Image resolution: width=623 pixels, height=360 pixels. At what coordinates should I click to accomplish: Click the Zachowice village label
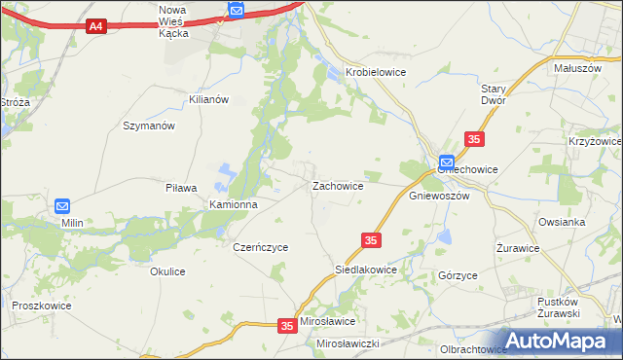tap(338, 185)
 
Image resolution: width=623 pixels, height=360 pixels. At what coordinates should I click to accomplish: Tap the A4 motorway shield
tap(95, 26)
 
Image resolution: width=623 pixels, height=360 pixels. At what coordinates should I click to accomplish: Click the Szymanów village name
tap(148, 126)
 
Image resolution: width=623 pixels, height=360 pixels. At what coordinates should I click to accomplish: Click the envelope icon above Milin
tap(63, 206)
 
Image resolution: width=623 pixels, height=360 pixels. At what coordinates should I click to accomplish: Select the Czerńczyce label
tap(261, 247)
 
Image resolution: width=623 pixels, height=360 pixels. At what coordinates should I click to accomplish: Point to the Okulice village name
tap(167, 271)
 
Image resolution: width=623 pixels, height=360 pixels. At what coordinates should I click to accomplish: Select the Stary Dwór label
tap(496, 93)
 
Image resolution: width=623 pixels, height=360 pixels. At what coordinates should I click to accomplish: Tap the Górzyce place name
tap(458, 275)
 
